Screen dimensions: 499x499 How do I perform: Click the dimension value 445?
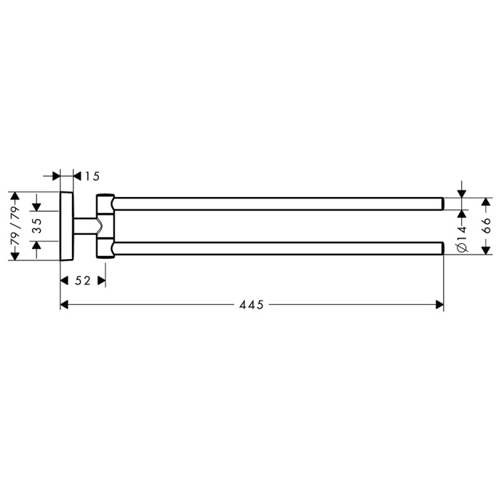[x=252, y=305]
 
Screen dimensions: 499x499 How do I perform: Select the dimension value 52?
[x=83, y=281]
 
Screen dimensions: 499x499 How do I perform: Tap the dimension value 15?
[x=92, y=176]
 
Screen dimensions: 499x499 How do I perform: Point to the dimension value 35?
[x=38, y=225]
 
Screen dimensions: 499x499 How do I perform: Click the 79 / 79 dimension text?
[x=15, y=225]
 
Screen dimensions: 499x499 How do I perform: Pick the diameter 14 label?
[x=462, y=239]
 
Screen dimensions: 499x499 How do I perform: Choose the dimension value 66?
[x=486, y=225]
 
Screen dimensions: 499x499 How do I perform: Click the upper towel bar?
[x=278, y=204]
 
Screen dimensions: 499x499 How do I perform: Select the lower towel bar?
[x=278, y=248]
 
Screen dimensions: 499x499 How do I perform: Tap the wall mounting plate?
[x=67, y=226]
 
